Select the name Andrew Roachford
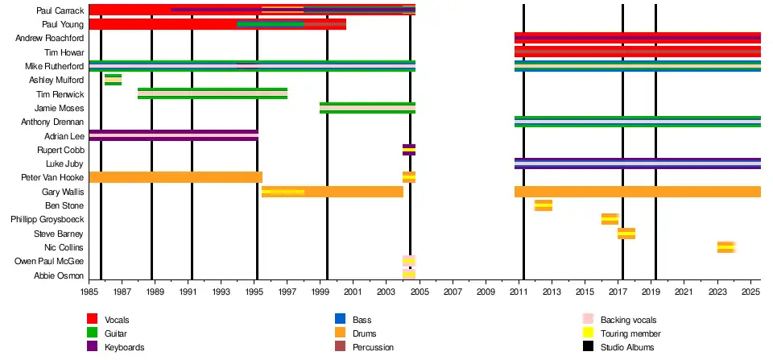(51, 38)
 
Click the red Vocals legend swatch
(92, 320)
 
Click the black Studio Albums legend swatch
(588, 347)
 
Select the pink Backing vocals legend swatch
(588, 320)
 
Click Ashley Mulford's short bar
(113, 80)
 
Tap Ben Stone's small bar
(543, 205)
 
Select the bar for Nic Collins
(725, 247)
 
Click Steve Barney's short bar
(626, 234)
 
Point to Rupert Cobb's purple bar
(409, 150)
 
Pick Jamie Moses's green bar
(367, 108)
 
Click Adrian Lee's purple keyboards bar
(173, 135)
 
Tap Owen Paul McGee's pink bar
(409, 261)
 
